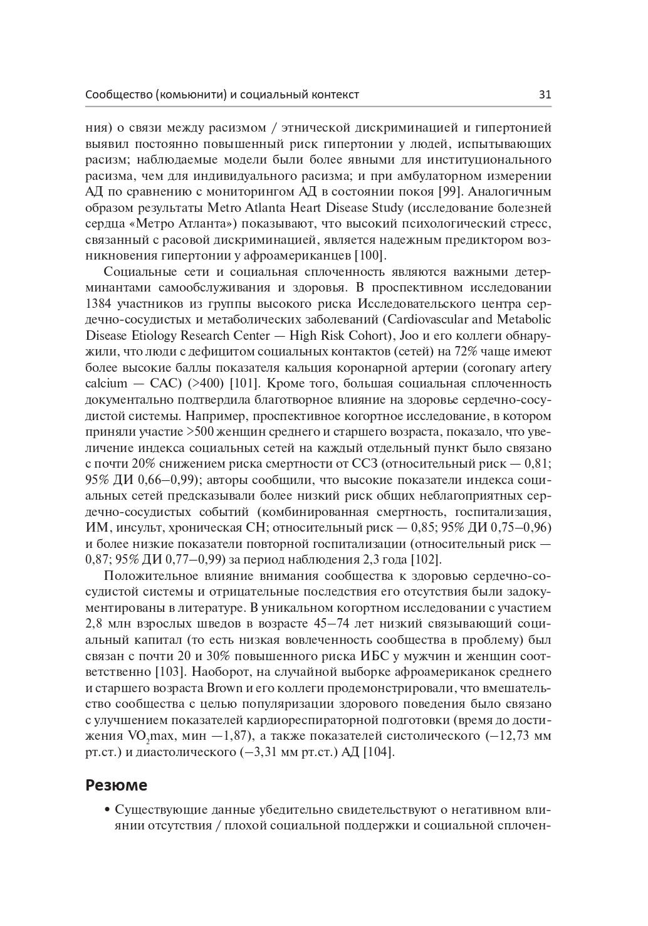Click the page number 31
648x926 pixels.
coord(544,95)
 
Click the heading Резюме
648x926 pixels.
coord(116,784)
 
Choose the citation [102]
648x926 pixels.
coord(426,559)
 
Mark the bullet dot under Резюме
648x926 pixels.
coord(108,809)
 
